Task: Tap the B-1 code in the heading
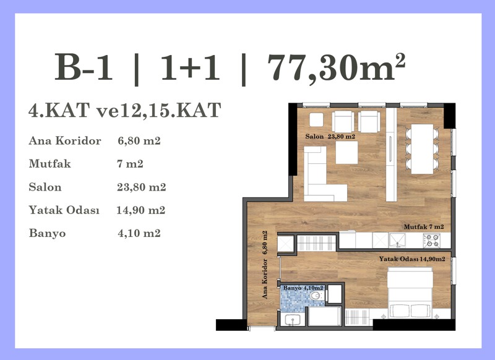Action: pyautogui.click(x=84, y=67)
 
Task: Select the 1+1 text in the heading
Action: pyautogui.click(x=190, y=67)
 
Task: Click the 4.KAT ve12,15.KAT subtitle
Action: pyautogui.click(x=125, y=110)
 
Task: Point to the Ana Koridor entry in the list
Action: pyautogui.click(x=65, y=140)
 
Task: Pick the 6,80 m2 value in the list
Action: pyautogui.click(x=139, y=140)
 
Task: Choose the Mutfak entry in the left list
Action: pyautogui.click(x=50, y=164)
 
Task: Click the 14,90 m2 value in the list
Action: pyautogui.click(x=141, y=210)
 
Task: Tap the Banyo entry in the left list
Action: pyautogui.click(x=48, y=233)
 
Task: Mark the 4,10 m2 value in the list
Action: pyautogui.click(x=139, y=233)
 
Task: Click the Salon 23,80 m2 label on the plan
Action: pyautogui.click(x=330, y=136)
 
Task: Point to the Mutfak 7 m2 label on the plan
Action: pyautogui.click(x=424, y=227)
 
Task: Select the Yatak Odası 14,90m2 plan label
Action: pyautogui.click(x=412, y=259)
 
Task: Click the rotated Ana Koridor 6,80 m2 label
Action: pyautogui.click(x=265, y=265)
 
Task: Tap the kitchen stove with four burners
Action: pyautogui.click(x=431, y=241)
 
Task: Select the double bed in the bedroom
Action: pyautogui.click(x=410, y=293)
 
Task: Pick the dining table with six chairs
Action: pyautogui.click(x=422, y=149)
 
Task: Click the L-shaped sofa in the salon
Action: pyautogui.click(x=321, y=178)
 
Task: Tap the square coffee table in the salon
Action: pyautogui.click(x=346, y=152)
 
